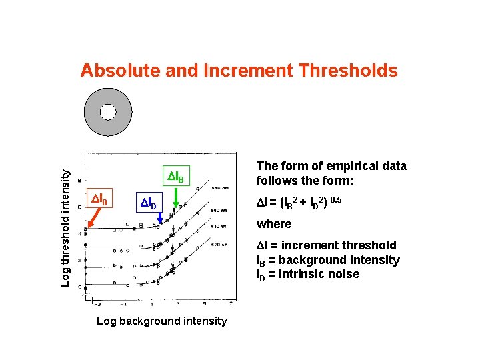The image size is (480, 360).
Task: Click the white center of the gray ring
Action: pyautogui.click(x=108, y=112)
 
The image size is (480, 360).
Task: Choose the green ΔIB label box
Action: pyautogui.click(x=179, y=177)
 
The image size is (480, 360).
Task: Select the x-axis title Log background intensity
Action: pyautogui.click(x=161, y=321)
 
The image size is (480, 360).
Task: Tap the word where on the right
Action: pyautogui.click(x=275, y=224)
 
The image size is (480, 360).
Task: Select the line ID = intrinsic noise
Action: pyautogui.click(x=308, y=274)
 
